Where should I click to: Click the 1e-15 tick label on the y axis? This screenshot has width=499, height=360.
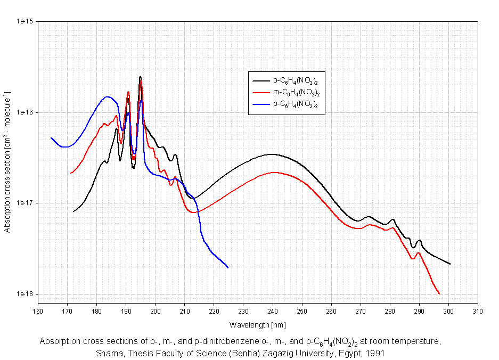click(x=25, y=22)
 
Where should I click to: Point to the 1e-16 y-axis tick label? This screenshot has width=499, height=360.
click(x=25, y=112)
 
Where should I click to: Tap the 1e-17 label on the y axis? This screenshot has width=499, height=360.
click(x=25, y=203)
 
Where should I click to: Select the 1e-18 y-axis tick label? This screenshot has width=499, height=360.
click(x=25, y=294)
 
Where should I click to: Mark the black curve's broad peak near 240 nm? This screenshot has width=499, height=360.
click(x=272, y=154)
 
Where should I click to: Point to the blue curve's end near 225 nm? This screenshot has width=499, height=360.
click(x=228, y=267)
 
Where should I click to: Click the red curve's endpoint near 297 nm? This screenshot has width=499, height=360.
click(x=439, y=293)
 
